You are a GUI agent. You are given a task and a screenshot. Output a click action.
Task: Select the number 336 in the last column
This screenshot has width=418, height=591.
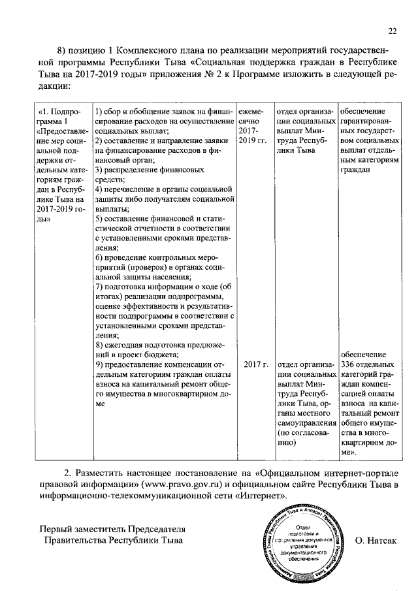point(350,364)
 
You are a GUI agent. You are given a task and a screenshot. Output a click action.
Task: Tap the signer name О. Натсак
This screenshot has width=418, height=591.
point(377,541)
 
